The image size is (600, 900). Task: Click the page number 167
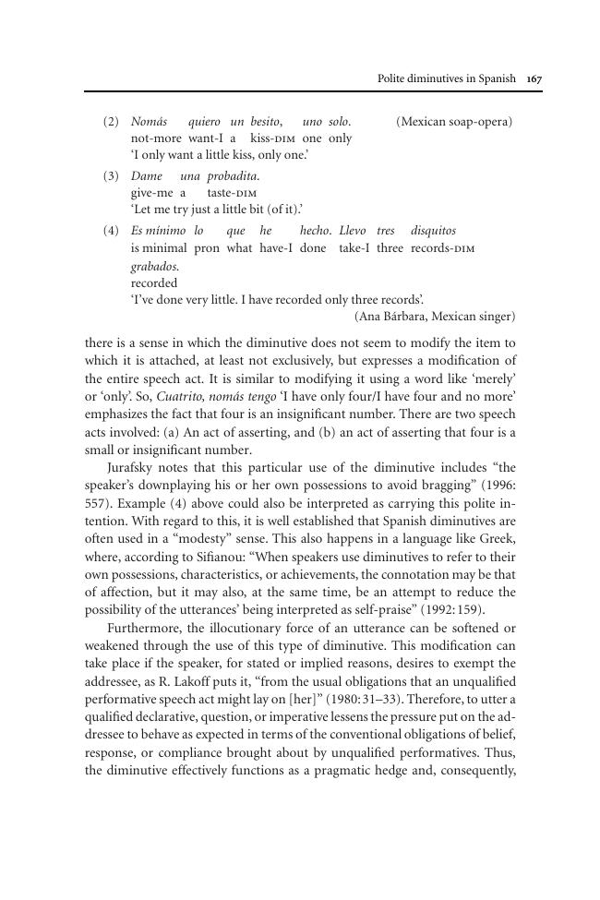[x=534, y=79]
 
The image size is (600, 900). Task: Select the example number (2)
[x=111, y=122]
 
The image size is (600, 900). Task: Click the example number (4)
[x=111, y=231]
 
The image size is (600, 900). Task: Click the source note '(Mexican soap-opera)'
[x=454, y=122]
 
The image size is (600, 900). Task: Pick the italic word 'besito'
[x=267, y=122]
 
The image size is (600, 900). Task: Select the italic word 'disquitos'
[x=433, y=231]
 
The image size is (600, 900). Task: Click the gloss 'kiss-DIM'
[x=273, y=138]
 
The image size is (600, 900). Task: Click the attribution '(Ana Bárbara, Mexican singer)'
[x=435, y=317]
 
